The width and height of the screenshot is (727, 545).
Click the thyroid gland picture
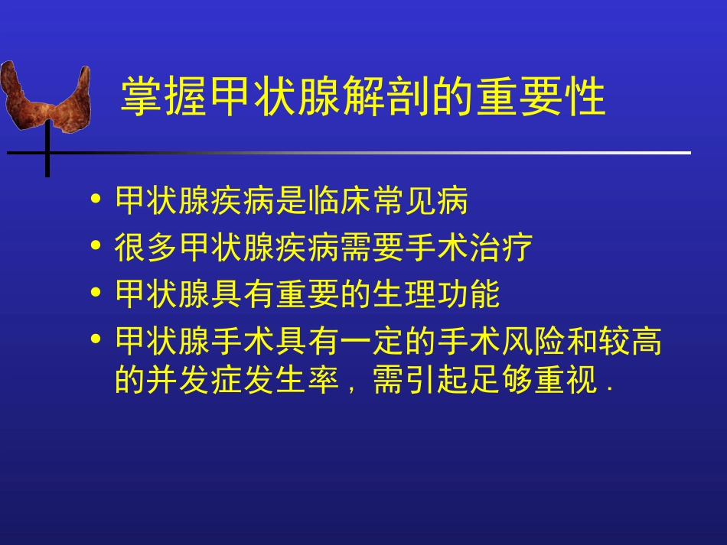click(x=46, y=96)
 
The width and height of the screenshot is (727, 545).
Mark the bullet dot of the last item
click(x=96, y=338)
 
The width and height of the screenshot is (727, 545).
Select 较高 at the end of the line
click(x=629, y=341)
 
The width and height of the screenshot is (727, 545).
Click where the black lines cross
click(x=47, y=153)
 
